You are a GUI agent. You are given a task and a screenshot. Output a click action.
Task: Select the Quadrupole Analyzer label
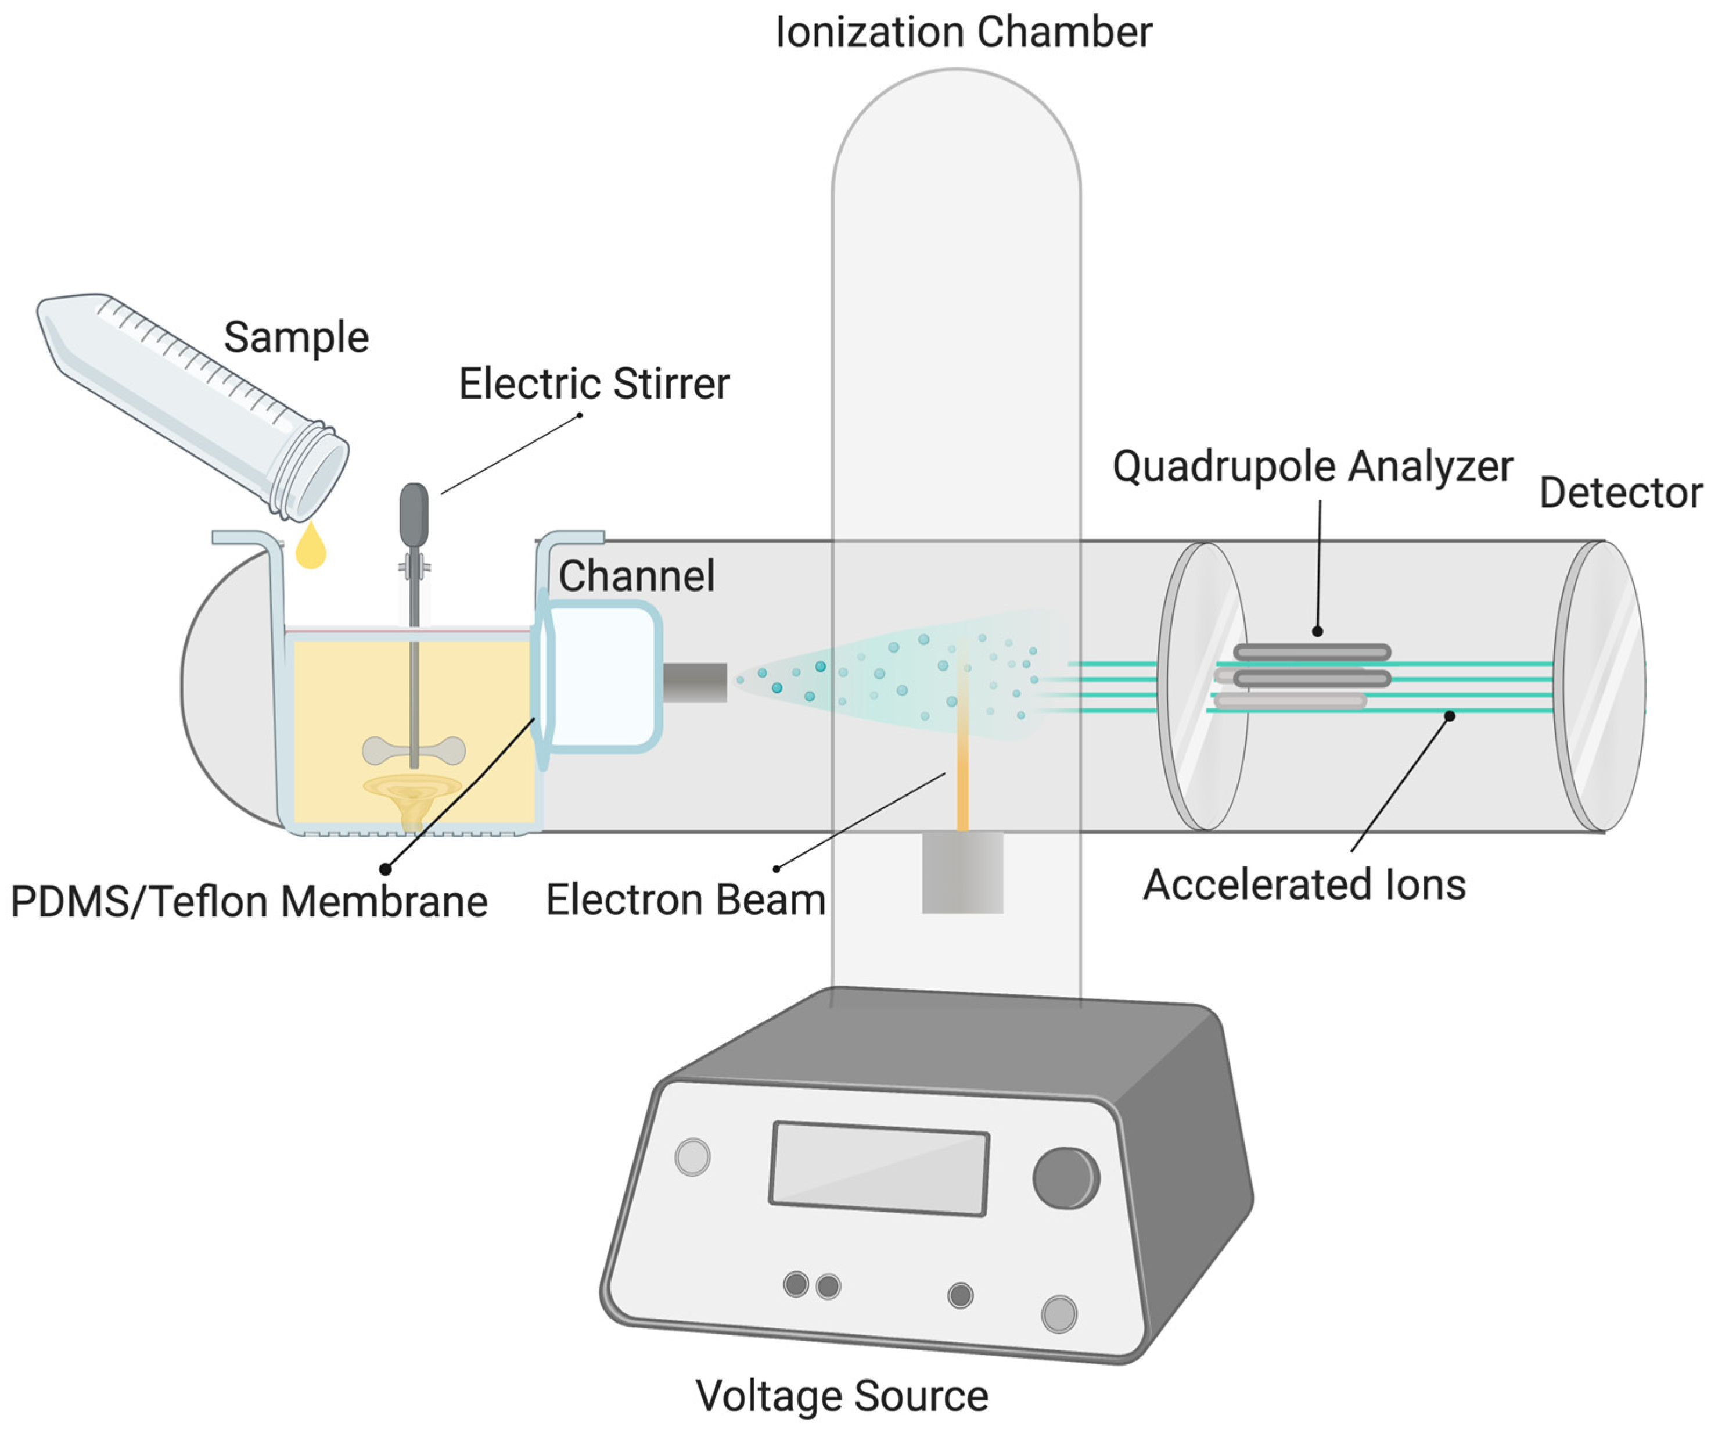(1313, 467)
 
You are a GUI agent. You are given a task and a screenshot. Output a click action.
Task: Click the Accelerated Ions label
(1304, 885)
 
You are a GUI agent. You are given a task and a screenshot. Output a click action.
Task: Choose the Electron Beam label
(686, 900)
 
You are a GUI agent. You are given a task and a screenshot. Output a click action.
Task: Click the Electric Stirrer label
(594, 384)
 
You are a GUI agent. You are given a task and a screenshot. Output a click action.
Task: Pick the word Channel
(637, 576)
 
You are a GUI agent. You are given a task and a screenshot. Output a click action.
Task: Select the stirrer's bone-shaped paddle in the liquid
(414, 751)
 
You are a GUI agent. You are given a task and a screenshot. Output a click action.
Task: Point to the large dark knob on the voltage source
(1066, 1178)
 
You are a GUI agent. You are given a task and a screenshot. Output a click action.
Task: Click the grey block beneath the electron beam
(962, 872)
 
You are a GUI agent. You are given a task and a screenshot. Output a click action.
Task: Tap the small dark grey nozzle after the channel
(694, 682)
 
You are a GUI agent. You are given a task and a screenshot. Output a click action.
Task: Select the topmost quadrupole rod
(1312, 652)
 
